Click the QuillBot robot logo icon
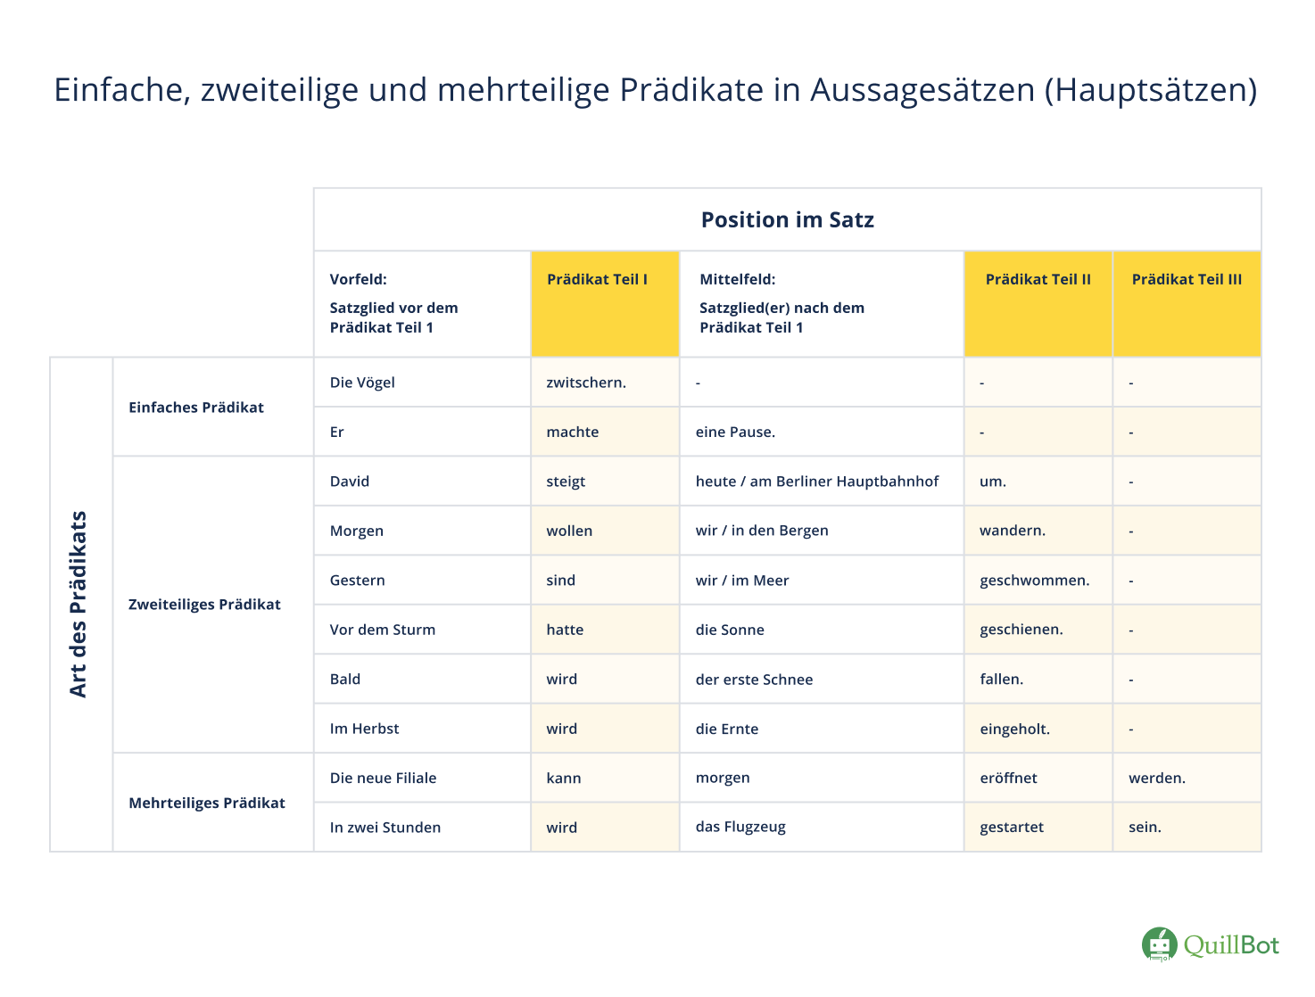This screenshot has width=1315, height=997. tap(1160, 944)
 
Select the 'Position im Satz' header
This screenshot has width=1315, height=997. tap(787, 220)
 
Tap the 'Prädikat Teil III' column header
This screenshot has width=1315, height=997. tap(1187, 280)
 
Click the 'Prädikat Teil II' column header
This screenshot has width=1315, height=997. tap(1038, 280)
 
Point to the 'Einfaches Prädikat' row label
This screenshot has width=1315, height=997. tap(196, 408)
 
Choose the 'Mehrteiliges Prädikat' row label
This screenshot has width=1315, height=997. tap(207, 803)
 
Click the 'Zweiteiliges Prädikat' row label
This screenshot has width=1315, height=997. tap(204, 605)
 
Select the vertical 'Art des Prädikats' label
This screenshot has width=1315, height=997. tap(79, 605)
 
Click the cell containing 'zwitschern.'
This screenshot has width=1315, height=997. tap(586, 383)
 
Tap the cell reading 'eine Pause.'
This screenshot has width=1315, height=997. tap(735, 433)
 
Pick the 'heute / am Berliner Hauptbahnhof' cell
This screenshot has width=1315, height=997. tap(817, 482)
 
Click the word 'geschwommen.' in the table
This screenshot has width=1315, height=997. tap(1034, 581)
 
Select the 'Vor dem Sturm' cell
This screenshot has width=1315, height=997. tap(383, 630)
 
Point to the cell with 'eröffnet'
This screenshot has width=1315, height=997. tap(1008, 778)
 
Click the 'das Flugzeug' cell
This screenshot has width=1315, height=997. tap(740, 827)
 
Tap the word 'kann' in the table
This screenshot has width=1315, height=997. tap(564, 778)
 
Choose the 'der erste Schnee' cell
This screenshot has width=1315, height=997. tap(754, 680)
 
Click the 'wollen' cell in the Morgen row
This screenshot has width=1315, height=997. tap(569, 531)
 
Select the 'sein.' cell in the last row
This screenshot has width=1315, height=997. tap(1145, 827)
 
